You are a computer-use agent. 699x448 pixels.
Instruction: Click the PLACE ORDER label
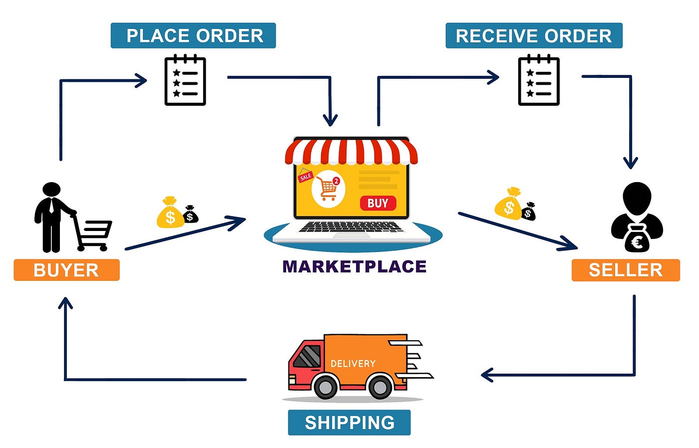click(193, 35)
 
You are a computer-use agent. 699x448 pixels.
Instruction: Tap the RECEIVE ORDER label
click(533, 35)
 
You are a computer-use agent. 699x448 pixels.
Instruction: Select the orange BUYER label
click(66, 270)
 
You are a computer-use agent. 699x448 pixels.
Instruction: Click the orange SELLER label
click(626, 270)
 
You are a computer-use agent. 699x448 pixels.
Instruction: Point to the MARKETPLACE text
click(354, 266)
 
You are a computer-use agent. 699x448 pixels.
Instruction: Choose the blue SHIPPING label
click(349, 423)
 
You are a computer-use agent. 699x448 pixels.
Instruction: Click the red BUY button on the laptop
click(378, 203)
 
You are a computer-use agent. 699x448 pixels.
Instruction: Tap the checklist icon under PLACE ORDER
click(185, 81)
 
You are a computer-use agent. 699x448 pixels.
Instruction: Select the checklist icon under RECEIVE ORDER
click(539, 81)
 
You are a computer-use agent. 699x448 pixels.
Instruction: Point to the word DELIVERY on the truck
click(352, 364)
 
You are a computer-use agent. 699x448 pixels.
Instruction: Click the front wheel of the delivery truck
click(326, 387)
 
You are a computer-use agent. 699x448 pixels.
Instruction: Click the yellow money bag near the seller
click(508, 204)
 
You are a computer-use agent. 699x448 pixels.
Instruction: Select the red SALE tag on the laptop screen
click(305, 176)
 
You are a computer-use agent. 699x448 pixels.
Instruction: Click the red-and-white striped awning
click(351, 152)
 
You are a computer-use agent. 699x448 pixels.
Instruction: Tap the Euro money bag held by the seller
click(637, 240)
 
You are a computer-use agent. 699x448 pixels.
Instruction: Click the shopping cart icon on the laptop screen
click(328, 189)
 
